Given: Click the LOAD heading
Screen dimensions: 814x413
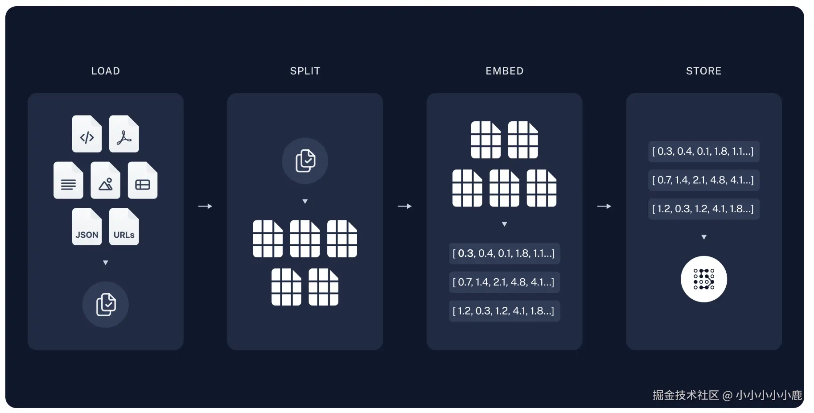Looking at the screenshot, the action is point(106,71).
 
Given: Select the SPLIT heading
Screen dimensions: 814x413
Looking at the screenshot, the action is point(305,71).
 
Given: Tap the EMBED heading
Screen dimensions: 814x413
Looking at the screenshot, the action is point(504,71).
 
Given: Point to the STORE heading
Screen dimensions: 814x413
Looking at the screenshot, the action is point(703,71).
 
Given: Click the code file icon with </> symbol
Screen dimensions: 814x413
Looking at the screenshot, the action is point(87,134).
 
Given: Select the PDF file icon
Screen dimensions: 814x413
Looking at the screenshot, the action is point(124,134).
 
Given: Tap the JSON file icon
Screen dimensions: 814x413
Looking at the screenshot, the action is point(87,227).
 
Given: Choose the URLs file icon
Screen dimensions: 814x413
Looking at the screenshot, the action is point(124,227).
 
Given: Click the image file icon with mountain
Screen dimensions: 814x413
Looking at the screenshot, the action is point(105,181).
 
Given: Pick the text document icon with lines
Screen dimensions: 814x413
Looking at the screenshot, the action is point(68,181).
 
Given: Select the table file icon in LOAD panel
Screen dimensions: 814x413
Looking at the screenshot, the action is point(143,181).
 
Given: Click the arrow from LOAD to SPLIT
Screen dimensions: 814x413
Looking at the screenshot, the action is point(205,206).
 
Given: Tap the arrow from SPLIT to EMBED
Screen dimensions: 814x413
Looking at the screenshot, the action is point(404,206).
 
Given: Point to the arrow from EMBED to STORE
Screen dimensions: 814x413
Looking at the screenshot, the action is point(604,206).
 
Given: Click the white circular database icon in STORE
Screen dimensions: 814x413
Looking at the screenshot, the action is point(703,279).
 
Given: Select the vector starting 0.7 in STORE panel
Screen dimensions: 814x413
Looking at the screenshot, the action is point(703,180).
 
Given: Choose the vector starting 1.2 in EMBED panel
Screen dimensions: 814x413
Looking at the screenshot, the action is point(504,311).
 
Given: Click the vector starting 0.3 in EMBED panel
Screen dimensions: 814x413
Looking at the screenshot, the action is point(504,253).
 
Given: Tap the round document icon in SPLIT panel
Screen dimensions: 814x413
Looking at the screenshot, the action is point(305,161).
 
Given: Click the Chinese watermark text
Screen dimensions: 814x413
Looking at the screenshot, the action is point(727,395).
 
